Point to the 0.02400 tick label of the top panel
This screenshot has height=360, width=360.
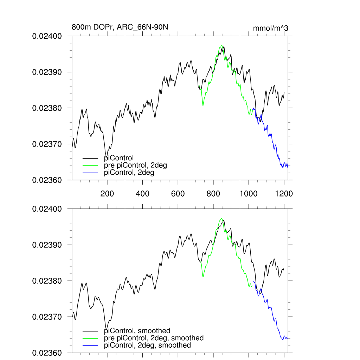47,36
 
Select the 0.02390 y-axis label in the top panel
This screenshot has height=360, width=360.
47,72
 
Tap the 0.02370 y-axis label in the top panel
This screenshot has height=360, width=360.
47,144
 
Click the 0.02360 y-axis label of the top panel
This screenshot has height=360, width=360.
47,180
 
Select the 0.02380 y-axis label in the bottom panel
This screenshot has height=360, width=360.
47,281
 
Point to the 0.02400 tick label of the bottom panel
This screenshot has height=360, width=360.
47,209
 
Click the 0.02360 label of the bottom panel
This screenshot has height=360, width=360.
47,353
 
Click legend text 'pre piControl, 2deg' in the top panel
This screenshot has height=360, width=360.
135,165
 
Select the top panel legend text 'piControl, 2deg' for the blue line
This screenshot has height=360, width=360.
129,173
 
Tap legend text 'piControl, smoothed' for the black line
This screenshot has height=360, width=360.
137,330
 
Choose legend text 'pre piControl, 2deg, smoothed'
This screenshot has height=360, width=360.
154,338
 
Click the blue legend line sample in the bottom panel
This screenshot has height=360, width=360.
90,346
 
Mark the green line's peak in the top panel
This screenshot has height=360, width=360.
221,45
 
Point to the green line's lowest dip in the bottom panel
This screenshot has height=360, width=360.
203,277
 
